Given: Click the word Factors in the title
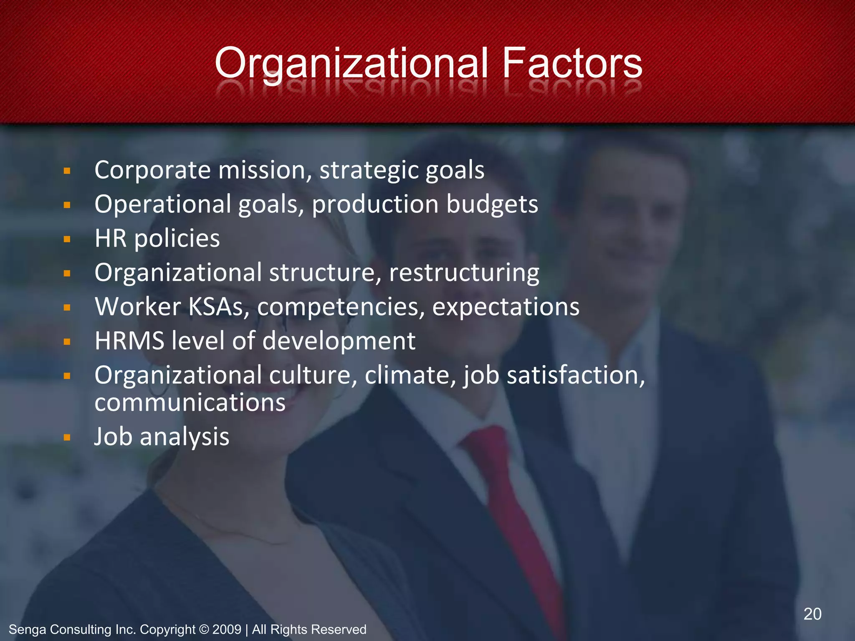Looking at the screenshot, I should pyautogui.click(x=572, y=63).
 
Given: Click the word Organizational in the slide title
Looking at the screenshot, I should pyautogui.click(x=351, y=63).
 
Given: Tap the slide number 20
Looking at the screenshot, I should pyautogui.click(x=812, y=614).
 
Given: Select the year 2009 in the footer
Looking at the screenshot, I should pyautogui.click(x=226, y=629).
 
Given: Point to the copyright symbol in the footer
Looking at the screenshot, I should pyautogui.click(x=204, y=629).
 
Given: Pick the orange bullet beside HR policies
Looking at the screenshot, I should pyautogui.click(x=67, y=240).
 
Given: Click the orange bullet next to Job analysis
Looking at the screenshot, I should pyautogui.click(x=67, y=438).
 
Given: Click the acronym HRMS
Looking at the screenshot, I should pyautogui.click(x=129, y=341).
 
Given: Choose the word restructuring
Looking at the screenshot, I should pyautogui.click(x=464, y=273).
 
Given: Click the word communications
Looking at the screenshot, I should pyautogui.click(x=190, y=403).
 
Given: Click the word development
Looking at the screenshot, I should pyautogui.click(x=339, y=341).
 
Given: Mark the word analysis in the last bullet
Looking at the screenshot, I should pyautogui.click(x=184, y=437).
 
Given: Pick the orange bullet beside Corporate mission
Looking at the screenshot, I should pyautogui.click(x=67, y=171).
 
